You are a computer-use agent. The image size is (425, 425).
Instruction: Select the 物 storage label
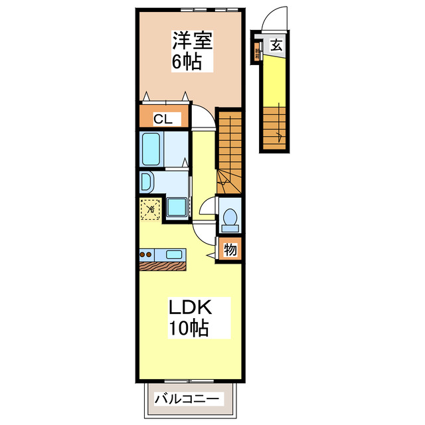[230, 250]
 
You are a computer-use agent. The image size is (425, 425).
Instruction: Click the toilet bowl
[230, 217]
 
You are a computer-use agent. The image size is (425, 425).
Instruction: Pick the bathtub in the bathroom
[151, 149]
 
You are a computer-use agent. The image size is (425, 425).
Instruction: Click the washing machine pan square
[177, 207]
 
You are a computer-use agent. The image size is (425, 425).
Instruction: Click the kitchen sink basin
[175, 254]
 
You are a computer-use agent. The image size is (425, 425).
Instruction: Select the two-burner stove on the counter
[147, 254]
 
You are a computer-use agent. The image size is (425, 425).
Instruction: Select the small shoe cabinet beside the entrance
[256, 52]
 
